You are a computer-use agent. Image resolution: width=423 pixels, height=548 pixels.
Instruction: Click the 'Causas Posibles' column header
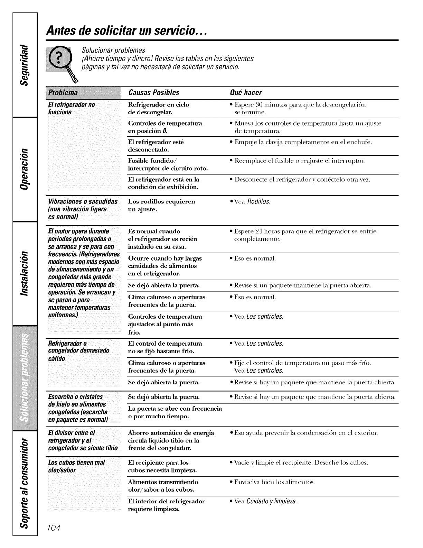point(153,93)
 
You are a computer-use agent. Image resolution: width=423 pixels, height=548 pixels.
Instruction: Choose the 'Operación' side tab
point(25,169)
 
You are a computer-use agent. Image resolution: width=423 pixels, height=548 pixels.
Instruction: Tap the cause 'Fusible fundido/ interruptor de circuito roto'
point(168,165)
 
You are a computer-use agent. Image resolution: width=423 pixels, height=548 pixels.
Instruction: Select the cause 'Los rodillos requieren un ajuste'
point(161,205)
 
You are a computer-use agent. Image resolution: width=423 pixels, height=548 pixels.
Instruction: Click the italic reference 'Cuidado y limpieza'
point(272,501)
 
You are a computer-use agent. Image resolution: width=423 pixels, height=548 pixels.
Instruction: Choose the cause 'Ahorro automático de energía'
point(171,433)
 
